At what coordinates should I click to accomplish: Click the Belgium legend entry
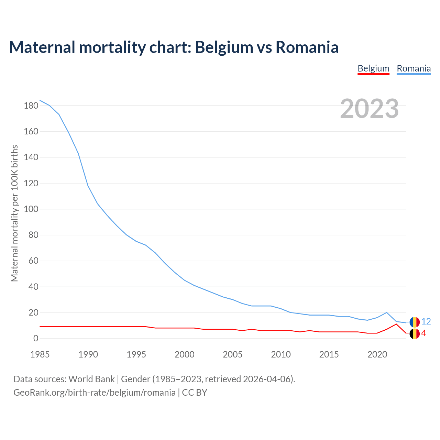(x=373, y=68)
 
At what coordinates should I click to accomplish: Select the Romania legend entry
(x=414, y=68)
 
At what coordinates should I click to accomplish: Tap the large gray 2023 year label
(x=370, y=109)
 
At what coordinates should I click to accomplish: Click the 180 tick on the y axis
(x=31, y=106)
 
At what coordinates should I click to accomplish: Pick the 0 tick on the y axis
(x=36, y=339)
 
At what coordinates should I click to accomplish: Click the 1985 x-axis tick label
(x=40, y=354)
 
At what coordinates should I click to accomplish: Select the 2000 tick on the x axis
(x=185, y=354)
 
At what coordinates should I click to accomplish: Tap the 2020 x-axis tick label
(x=377, y=354)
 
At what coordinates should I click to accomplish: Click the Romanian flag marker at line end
(x=414, y=322)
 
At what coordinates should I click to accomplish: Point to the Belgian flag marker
(x=414, y=333)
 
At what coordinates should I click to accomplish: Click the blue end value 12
(x=426, y=322)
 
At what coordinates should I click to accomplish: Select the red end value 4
(x=423, y=333)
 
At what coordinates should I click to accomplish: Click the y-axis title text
(x=14, y=213)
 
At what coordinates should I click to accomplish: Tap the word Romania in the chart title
(x=307, y=47)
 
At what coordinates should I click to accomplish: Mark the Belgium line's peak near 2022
(x=396, y=324)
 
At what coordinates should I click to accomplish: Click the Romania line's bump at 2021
(x=387, y=312)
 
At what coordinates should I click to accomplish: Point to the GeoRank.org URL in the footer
(x=95, y=393)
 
